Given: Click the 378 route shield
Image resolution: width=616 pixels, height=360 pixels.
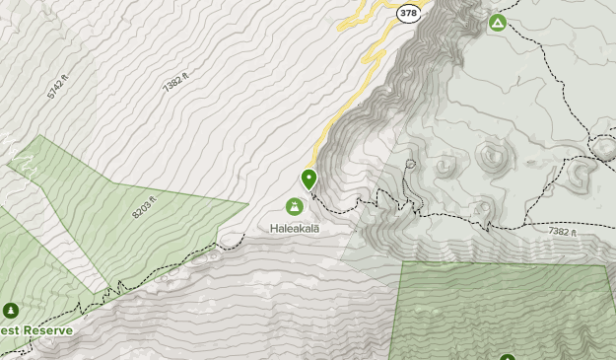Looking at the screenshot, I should pyautogui.click(x=408, y=14).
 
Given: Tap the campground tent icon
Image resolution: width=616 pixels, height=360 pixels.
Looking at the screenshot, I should pyautogui.click(x=498, y=22).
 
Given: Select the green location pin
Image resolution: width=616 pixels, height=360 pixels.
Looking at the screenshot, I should pyautogui.click(x=308, y=179).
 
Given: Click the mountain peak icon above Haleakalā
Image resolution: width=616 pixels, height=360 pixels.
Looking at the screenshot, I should pyautogui.click(x=294, y=206).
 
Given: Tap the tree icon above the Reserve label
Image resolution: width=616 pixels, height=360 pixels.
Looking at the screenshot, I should pyautogui.click(x=12, y=310).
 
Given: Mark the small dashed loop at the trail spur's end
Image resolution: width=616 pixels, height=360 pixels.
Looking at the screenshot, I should pyautogui.click(x=410, y=164).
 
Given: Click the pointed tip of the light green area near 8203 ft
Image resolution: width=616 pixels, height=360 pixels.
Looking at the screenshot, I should pyautogui.click(x=246, y=204).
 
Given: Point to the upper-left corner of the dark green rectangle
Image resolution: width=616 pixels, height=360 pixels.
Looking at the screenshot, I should pyautogui.click(x=403, y=262).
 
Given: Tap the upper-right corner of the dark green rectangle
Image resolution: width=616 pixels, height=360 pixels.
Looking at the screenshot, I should pyautogui.click(x=604, y=265).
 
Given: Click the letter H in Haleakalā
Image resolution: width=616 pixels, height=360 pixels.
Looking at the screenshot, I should pyautogui.click(x=273, y=227).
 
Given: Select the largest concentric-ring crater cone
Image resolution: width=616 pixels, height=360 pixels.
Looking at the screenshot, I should pyautogui.click(x=490, y=155).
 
